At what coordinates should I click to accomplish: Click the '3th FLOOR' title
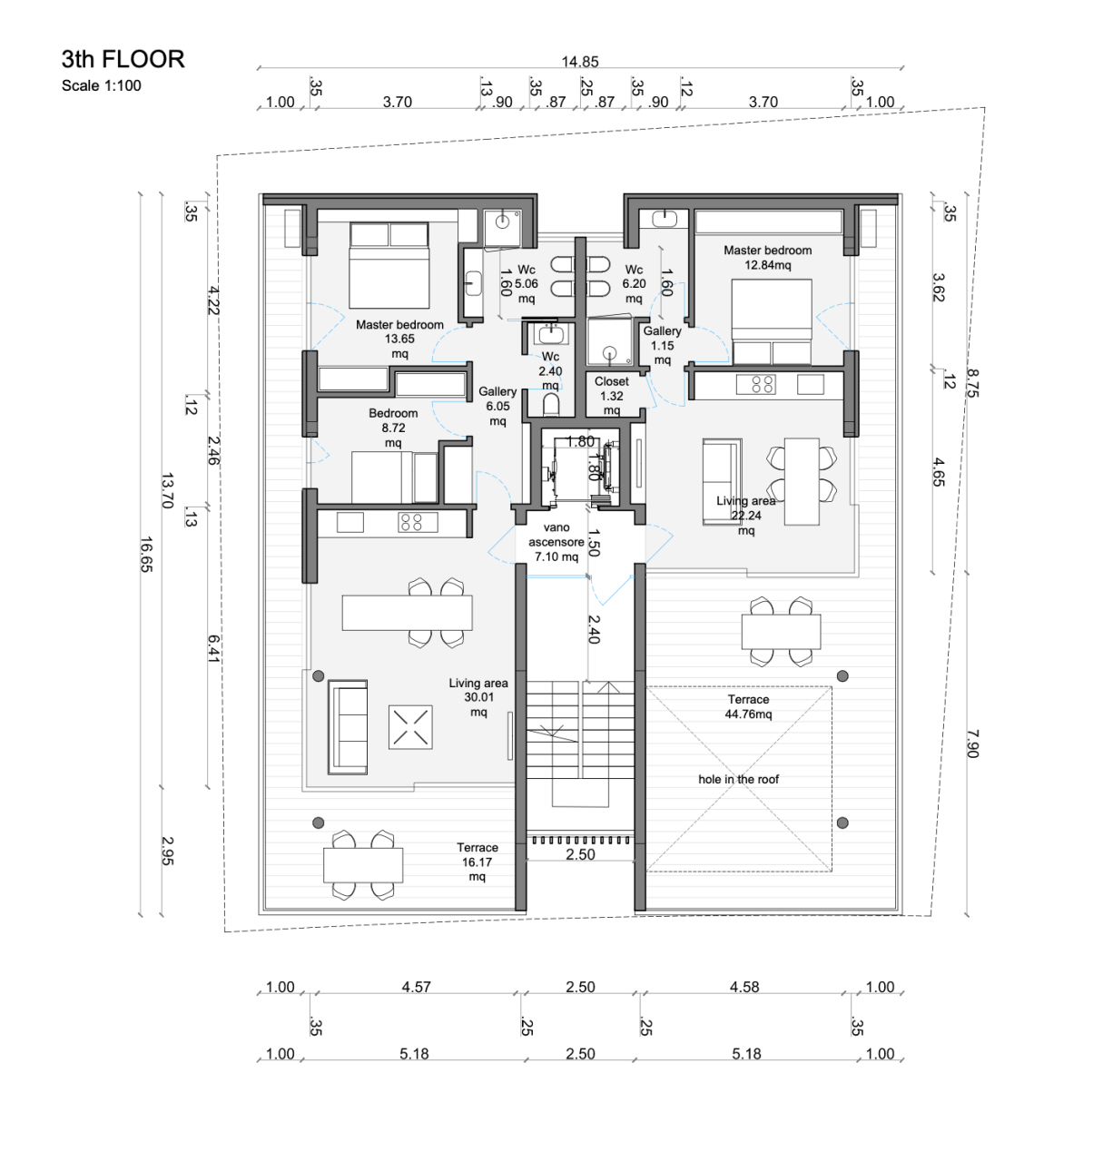click(x=123, y=60)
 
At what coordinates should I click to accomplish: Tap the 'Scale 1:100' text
click(x=102, y=86)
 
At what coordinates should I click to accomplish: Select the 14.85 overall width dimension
click(x=580, y=62)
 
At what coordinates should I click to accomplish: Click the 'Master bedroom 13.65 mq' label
click(x=399, y=339)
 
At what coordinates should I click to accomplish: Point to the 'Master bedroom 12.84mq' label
click(x=767, y=258)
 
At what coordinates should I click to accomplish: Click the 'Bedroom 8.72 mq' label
click(x=393, y=428)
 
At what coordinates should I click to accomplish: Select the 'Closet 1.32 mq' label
click(x=612, y=396)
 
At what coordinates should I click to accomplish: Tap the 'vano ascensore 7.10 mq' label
click(x=556, y=542)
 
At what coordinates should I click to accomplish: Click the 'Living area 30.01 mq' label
click(x=478, y=697)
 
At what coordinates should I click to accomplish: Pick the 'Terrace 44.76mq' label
click(x=748, y=707)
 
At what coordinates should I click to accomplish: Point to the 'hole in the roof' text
click(x=738, y=779)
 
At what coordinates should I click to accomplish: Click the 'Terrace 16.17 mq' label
click(x=477, y=862)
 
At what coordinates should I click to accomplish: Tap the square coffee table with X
click(x=410, y=727)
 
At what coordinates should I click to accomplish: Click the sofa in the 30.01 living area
click(x=348, y=726)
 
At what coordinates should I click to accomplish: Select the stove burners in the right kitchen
click(x=763, y=384)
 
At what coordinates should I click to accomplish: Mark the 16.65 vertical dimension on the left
click(x=145, y=554)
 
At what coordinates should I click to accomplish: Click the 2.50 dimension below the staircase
click(x=580, y=854)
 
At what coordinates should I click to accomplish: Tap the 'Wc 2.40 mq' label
click(x=550, y=371)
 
